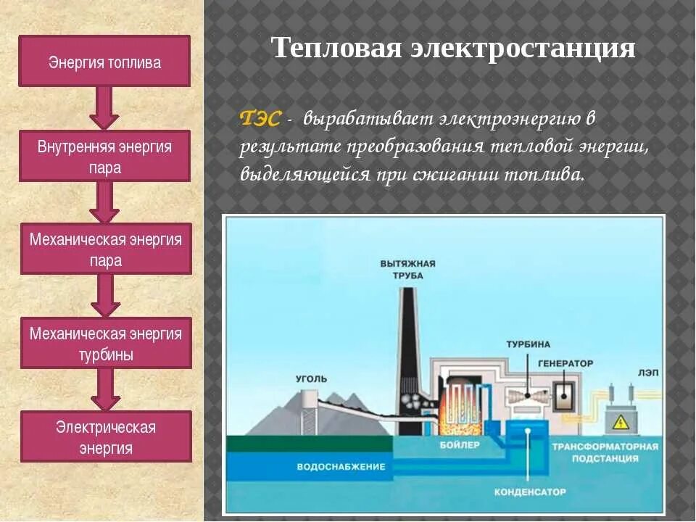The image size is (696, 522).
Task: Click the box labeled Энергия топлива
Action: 104,62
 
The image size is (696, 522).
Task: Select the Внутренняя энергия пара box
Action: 104,156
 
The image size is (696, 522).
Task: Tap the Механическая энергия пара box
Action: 106,249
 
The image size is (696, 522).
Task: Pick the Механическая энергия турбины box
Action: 106,343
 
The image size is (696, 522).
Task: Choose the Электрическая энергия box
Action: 106,436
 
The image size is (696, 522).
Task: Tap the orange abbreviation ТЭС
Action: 260,118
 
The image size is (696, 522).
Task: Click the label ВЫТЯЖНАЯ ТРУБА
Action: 407,269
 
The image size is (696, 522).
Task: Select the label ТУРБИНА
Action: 528,344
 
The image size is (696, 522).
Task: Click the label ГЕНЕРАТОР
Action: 565,362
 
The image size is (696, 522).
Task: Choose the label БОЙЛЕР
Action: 460,444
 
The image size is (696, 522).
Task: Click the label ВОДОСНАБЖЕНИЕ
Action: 341,466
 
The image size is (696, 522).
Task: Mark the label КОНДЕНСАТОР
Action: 530,492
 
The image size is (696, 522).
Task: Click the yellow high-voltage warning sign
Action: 621,422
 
